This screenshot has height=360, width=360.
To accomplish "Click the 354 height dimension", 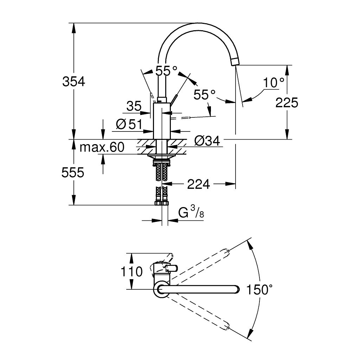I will pos(73,82).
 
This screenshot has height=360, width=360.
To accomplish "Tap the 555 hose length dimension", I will pos(73,172).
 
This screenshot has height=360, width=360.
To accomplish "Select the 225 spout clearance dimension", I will pos(287,103).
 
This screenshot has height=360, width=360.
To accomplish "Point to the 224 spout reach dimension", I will pos(198,184).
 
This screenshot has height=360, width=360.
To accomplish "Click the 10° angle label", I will pos(274,83).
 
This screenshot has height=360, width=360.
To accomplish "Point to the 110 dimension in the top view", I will pos(131,271).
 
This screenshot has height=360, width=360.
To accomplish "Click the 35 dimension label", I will pos(134,106).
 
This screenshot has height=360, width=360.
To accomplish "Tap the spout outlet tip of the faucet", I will pos(235,62).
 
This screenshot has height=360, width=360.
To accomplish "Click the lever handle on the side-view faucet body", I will pos(175,99).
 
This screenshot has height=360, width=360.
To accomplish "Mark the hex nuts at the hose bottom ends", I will pos(161,203).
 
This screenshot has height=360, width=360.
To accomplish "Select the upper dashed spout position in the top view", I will pos(200,265).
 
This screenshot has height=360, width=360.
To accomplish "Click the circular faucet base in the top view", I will pos(161,289).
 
